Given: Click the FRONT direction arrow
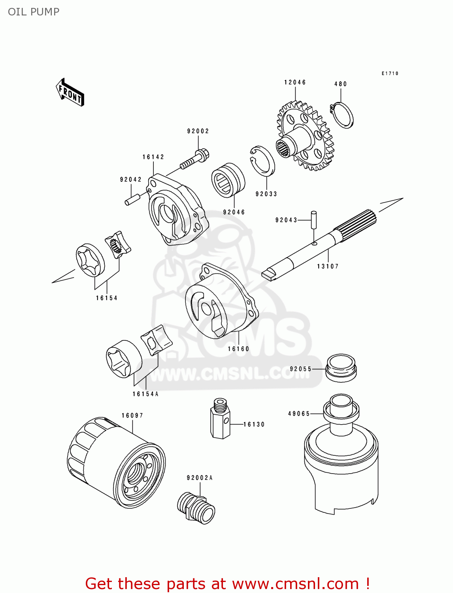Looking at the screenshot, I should pos(70,93).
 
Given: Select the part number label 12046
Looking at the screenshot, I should pos(295,82).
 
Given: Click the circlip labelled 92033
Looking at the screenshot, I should pos(262,160).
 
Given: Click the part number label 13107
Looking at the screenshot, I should pos(328,266).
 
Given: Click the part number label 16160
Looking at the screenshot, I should pos(238,349).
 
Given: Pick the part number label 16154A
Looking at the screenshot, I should pos(145,394).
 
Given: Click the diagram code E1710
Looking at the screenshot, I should pos(390,74).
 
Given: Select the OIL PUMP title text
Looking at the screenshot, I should pos(34,12).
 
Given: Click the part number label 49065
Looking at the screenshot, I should pos(299,414).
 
